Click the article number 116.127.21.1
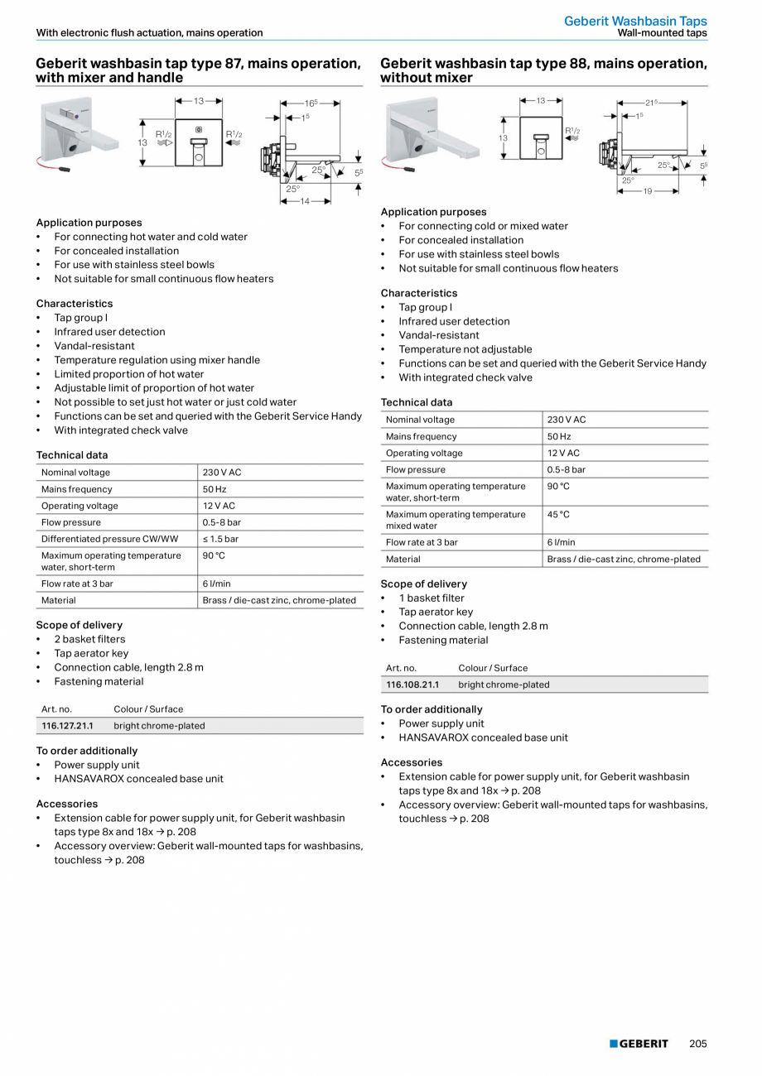[x=67, y=726]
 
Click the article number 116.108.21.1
[x=412, y=685]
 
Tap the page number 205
[x=697, y=1044]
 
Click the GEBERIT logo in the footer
[x=639, y=1044]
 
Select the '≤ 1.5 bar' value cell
[x=220, y=539]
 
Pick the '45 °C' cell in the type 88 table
[x=558, y=515]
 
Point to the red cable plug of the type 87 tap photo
[x=65, y=169]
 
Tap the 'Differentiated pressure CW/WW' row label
[x=109, y=539]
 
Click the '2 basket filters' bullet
[x=89, y=639]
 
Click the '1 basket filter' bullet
[x=432, y=598]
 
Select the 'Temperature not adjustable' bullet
[x=465, y=349]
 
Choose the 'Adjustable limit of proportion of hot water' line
[x=154, y=388]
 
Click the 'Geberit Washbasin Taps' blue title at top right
[x=635, y=21]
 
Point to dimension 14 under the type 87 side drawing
[x=305, y=201]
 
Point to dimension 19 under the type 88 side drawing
[x=648, y=191]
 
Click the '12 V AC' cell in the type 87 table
[x=219, y=506]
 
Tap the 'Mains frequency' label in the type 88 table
[x=421, y=436]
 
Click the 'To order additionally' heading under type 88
[x=431, y=709]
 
